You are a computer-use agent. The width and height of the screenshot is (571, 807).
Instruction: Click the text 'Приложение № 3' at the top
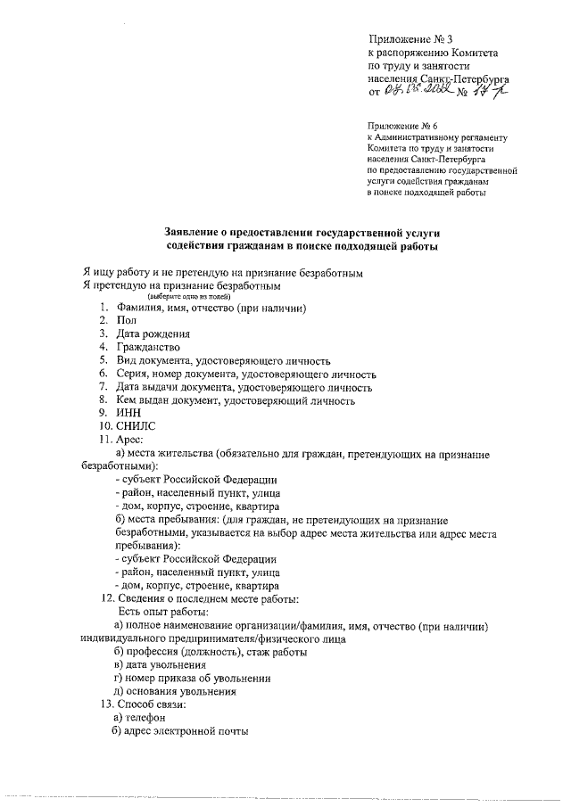pos(412,39)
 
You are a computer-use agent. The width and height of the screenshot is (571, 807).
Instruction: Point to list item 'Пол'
pos(126,320)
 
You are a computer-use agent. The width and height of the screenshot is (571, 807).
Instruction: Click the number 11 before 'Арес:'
pos(105,441)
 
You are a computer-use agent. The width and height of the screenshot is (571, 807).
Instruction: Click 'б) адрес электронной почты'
pos(179,732)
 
